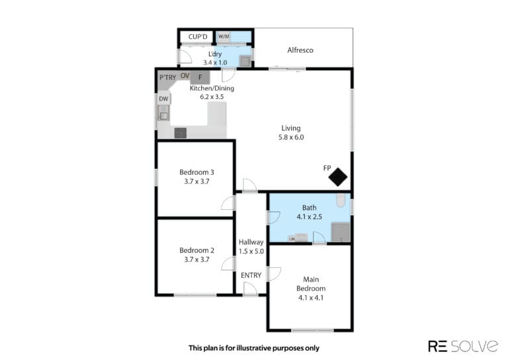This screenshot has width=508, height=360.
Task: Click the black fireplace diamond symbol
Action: [x=338, y=177]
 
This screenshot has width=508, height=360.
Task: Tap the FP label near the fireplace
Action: [x=327, y=168]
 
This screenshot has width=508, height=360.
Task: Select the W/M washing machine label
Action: [x=224, y=36]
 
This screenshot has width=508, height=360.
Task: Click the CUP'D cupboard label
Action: [x=198, y=37]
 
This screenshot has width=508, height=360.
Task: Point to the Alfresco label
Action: [x=300, y=50]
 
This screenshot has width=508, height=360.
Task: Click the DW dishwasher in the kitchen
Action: [x=163, y=99]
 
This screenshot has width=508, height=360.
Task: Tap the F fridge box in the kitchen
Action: [x=200, y=77]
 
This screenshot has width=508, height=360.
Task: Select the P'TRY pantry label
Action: [x=167, y=77]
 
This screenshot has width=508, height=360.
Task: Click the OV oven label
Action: [x=185, y=76]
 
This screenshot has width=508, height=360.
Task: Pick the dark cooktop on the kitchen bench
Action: [x=181, y=133]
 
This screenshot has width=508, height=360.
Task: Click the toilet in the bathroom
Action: [x=341, y=201]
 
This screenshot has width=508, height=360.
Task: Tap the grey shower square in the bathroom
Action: [x=341, y=232]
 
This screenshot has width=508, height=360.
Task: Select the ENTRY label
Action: [x=251, y=275]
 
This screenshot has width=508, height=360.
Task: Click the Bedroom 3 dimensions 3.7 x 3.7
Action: [x=196, y=181]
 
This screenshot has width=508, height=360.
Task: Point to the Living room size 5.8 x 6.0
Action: [x=291, y=137]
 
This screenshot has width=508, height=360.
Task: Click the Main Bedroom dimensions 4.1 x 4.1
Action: [x=311, y=297]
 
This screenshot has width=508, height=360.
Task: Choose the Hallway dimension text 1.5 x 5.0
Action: [x=251, y=251]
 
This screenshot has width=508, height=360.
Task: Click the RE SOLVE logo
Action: [x=463, y=346]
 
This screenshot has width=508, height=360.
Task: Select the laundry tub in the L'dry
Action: [x=245, y=61]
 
